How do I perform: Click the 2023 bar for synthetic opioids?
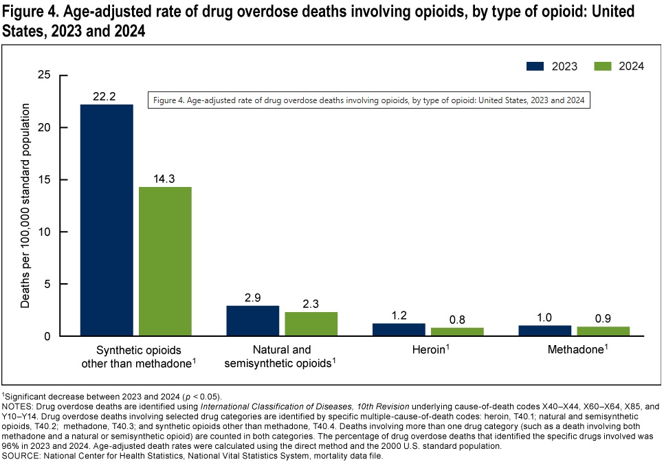click(107, 220)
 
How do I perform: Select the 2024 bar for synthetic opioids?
click(165, 261)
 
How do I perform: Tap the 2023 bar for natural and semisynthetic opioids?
click(253, 321)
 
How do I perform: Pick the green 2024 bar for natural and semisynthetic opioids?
click(311, 324)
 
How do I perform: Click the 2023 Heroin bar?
click(399, 330)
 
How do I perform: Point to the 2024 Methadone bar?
click(603, 331)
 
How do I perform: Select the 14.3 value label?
click(165, 179)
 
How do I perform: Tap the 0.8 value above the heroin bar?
click(457, 319)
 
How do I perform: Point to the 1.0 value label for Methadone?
click(544, 317)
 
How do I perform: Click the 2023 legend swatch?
click(535, 66)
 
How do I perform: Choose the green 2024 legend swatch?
click(603, 66)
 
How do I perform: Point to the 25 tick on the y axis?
click(46, 75)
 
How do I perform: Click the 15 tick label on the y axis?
click(46, 179)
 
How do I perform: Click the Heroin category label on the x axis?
click(426, 350)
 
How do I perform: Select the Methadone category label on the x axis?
click(576, 350)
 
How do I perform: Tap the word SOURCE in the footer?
click(20, 455)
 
